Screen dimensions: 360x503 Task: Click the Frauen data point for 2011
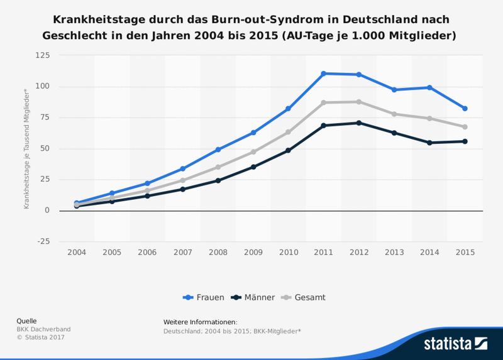pos(324,74)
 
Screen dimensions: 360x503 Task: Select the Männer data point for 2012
pos(359,123)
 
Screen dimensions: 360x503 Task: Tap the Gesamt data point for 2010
pos(289,132)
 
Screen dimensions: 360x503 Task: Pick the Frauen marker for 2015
pos(465,109)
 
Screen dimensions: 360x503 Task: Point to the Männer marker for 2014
pos(429,143)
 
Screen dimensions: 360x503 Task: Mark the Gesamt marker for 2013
pos(394,114)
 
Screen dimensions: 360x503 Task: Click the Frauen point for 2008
pos(218,150)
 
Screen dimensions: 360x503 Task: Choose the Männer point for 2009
pos(253,167)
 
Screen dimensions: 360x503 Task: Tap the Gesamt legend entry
pos(306,297)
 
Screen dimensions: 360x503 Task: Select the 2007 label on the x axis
pos(182,252)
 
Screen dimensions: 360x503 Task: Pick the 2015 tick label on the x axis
pos(465,252)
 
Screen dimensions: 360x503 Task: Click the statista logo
pos(455,343)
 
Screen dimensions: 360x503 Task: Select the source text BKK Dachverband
pos(43,329)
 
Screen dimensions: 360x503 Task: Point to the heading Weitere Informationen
pos(200,322)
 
